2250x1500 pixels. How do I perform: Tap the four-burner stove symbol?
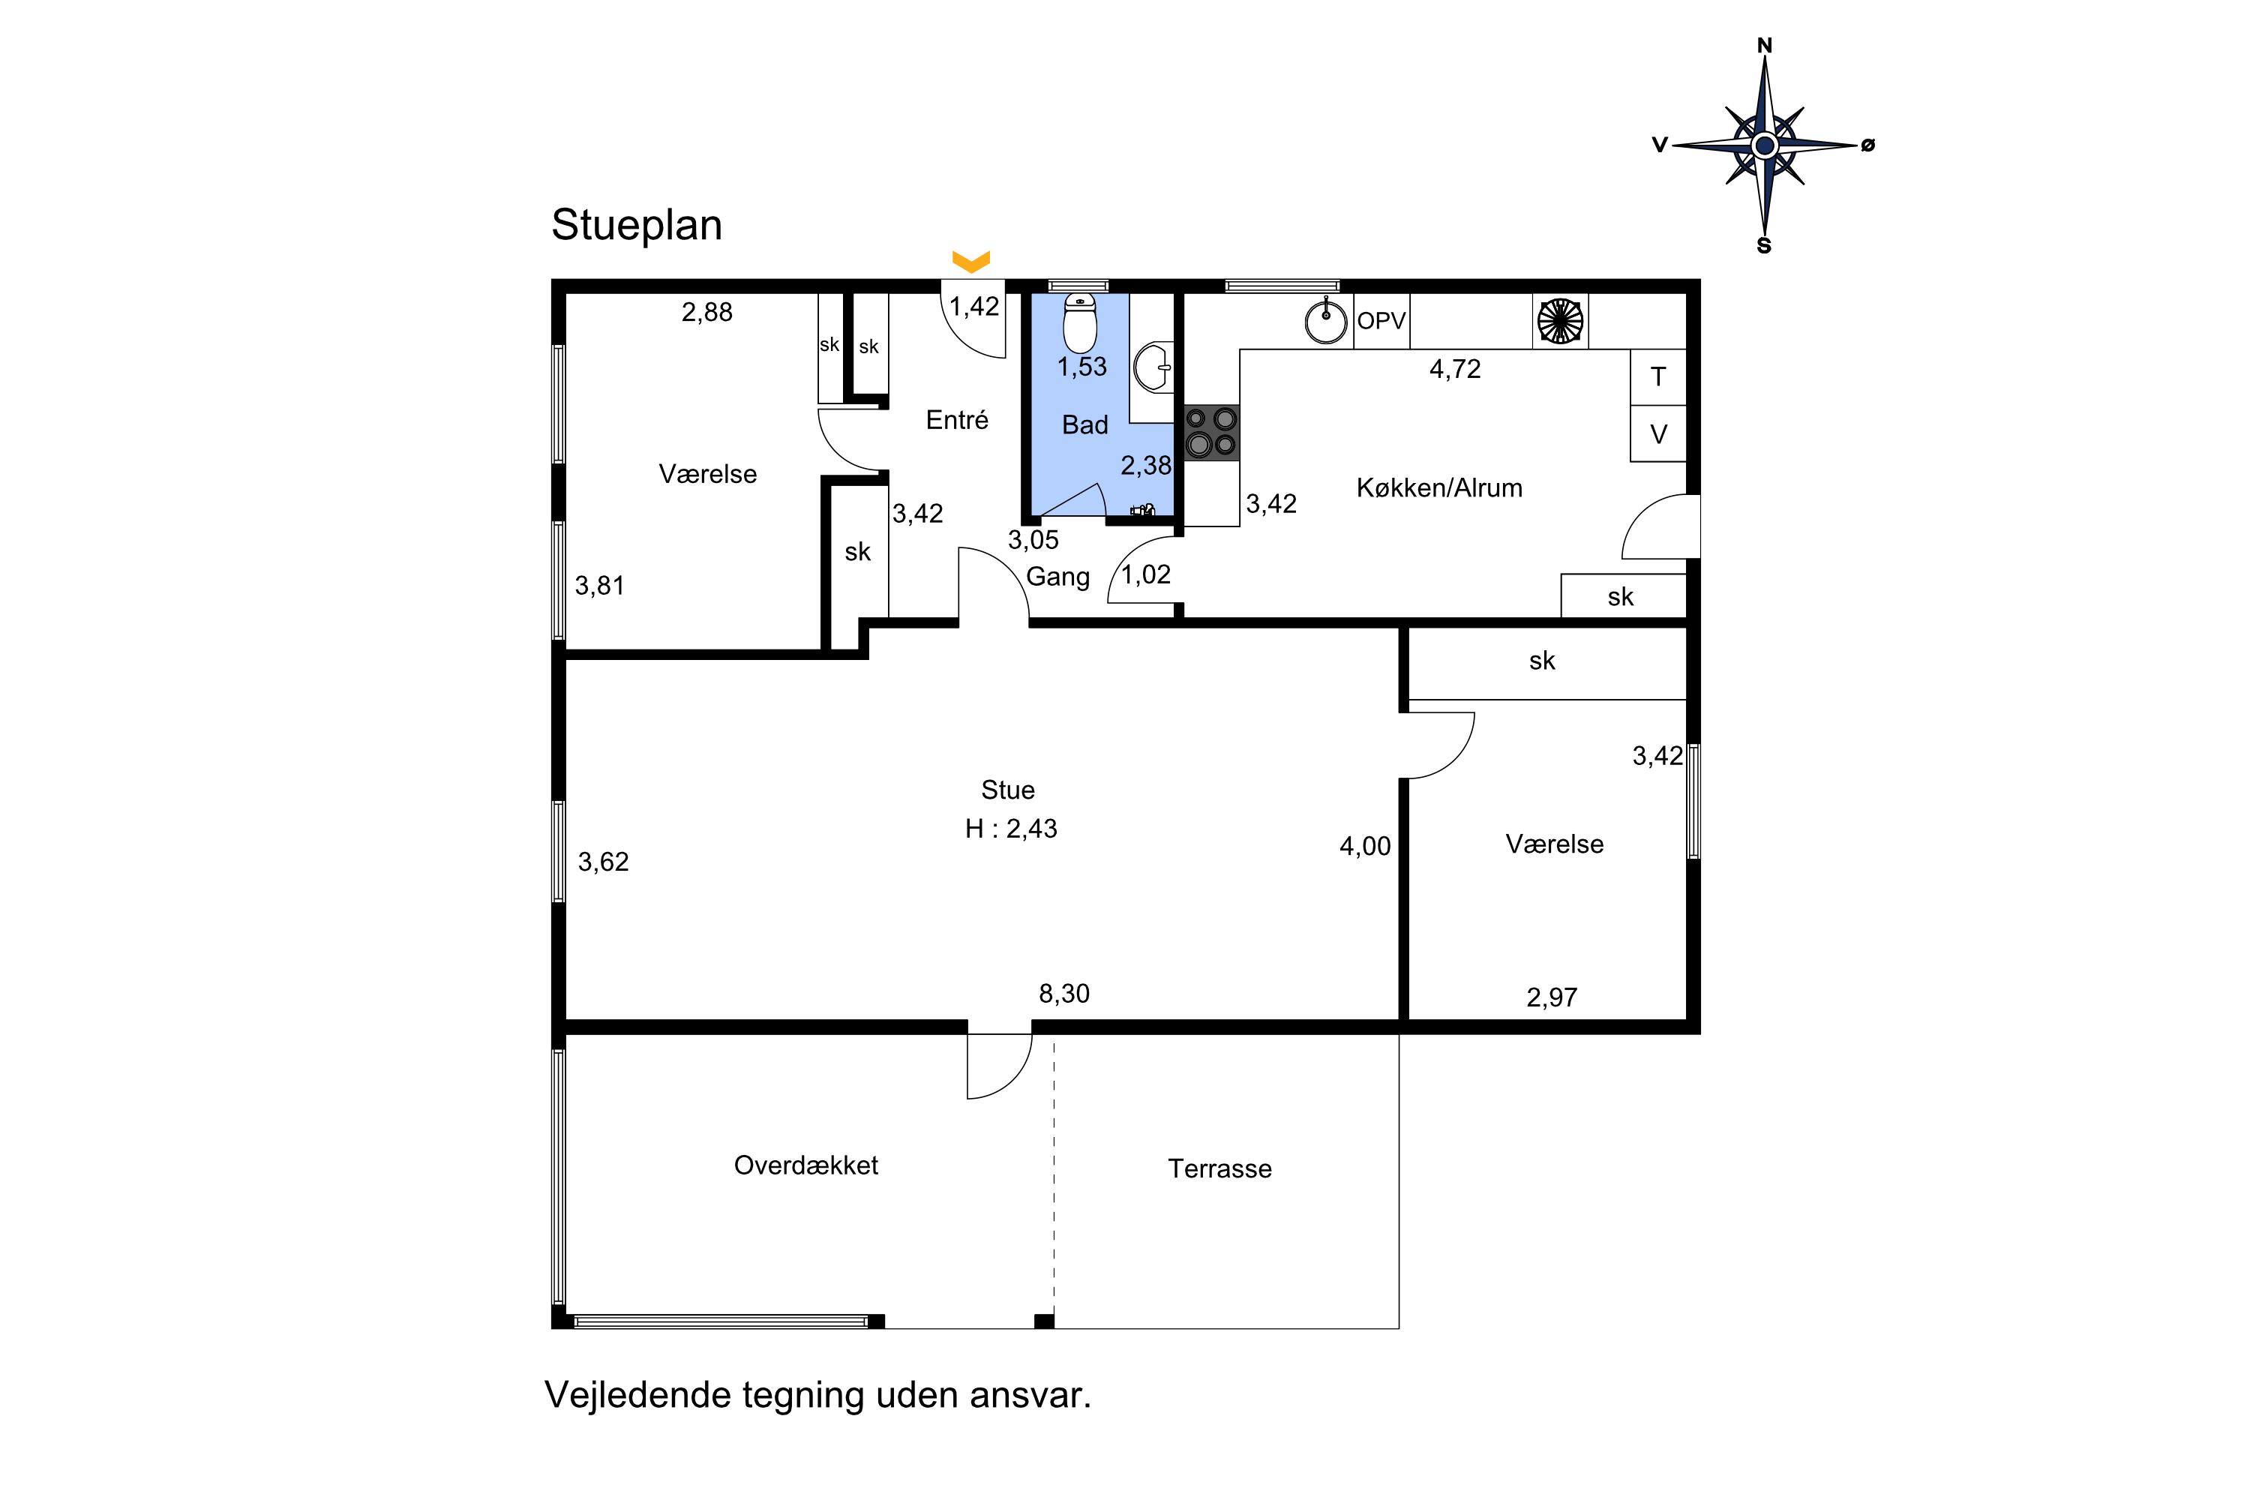tap(1211, 433)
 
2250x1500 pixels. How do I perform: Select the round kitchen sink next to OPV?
tap(1327, 320)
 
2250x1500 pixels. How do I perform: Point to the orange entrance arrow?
tap(971, 261)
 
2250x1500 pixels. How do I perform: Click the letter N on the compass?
tap(1765, 45)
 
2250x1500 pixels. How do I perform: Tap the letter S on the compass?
tap(1764, 246)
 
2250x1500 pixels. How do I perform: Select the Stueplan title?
tap(636, 226)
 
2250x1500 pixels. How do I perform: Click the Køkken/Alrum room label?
tap(1438, 488)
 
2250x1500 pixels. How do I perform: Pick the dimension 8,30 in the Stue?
tap(1063, 994)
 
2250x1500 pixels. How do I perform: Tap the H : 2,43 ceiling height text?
tap(1011, 829)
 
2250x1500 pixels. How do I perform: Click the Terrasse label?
tap(1219, 1169)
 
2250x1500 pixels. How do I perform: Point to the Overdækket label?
tap(805, 1165)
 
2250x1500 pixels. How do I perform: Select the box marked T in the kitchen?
tap(1657, 377)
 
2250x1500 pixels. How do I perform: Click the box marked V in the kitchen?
tap(1657, 433)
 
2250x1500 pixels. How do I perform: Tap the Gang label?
tap(1058, 577)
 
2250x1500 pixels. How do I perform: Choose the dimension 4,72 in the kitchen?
tap(1455, 369)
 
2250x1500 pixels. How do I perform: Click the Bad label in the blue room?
tap(1084, 424)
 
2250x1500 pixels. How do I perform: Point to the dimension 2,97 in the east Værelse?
tap(1552, 997)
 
